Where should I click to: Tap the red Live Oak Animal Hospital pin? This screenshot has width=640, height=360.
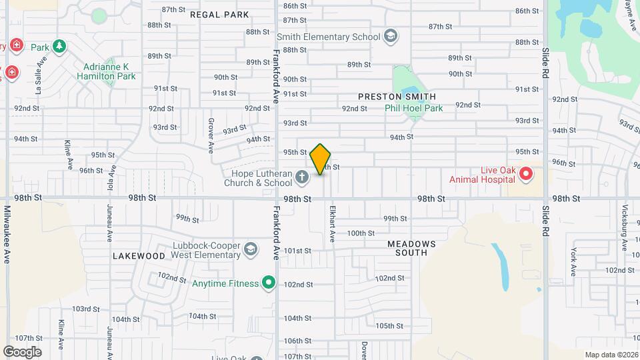tap(525, 175)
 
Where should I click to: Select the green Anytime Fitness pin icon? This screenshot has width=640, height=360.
tap(269, 283)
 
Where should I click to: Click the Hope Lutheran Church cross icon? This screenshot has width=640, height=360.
tap(302, 177)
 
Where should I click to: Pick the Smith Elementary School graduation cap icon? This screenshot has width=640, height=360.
tap(391, 37)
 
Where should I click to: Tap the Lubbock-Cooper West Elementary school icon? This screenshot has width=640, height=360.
tap(250, 249)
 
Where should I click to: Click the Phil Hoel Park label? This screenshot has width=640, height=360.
tap(413, 108)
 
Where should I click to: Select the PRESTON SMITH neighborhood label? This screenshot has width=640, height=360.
tap(397, 97)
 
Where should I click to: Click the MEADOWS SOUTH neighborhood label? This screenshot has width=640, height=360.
tap(411, 248)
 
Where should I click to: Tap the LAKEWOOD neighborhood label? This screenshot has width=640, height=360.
tap(139, 256)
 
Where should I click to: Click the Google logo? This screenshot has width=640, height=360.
tap(22, 351)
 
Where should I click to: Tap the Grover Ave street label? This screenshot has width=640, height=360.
tap(210, 133)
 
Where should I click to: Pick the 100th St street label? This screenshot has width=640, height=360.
tap(361, 233)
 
